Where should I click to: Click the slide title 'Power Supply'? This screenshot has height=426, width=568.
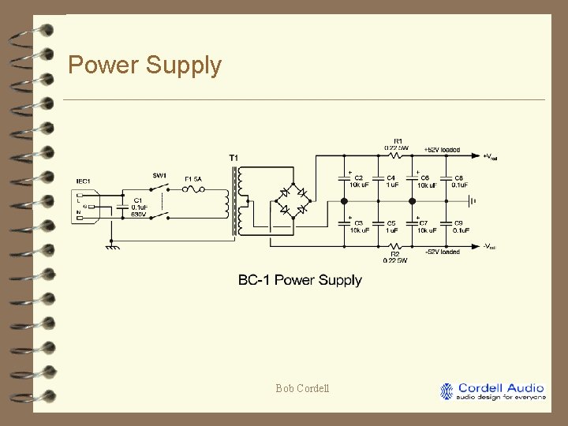[144, 65]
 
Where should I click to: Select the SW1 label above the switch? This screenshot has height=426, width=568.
[159, 175]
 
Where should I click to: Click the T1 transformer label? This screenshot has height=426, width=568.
[234, 159]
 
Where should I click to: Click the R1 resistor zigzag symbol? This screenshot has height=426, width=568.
[396, 155]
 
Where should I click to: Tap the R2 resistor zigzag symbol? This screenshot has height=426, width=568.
[396, 246]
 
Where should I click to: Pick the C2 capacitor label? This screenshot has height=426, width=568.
[359, 178]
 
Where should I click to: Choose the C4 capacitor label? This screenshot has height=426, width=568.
[391, 178]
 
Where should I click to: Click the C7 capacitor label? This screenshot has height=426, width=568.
[424, 223]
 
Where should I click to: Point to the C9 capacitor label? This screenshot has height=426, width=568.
[458, 223]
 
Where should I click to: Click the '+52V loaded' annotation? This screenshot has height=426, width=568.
[442, 149]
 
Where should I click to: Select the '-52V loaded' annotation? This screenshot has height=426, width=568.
[442, 252]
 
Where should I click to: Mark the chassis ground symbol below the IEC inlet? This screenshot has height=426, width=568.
[112, 246]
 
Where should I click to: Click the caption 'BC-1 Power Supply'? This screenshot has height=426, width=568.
[300, 280]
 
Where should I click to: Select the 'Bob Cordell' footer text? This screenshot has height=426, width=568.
[303, 388]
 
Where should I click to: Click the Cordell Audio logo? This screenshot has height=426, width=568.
[493, 391]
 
